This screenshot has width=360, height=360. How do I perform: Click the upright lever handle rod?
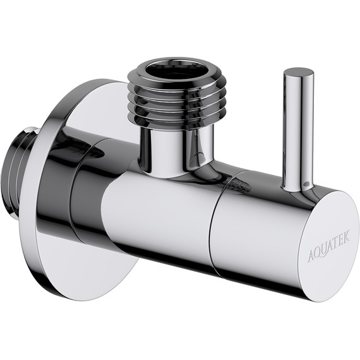pos(296,133)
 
